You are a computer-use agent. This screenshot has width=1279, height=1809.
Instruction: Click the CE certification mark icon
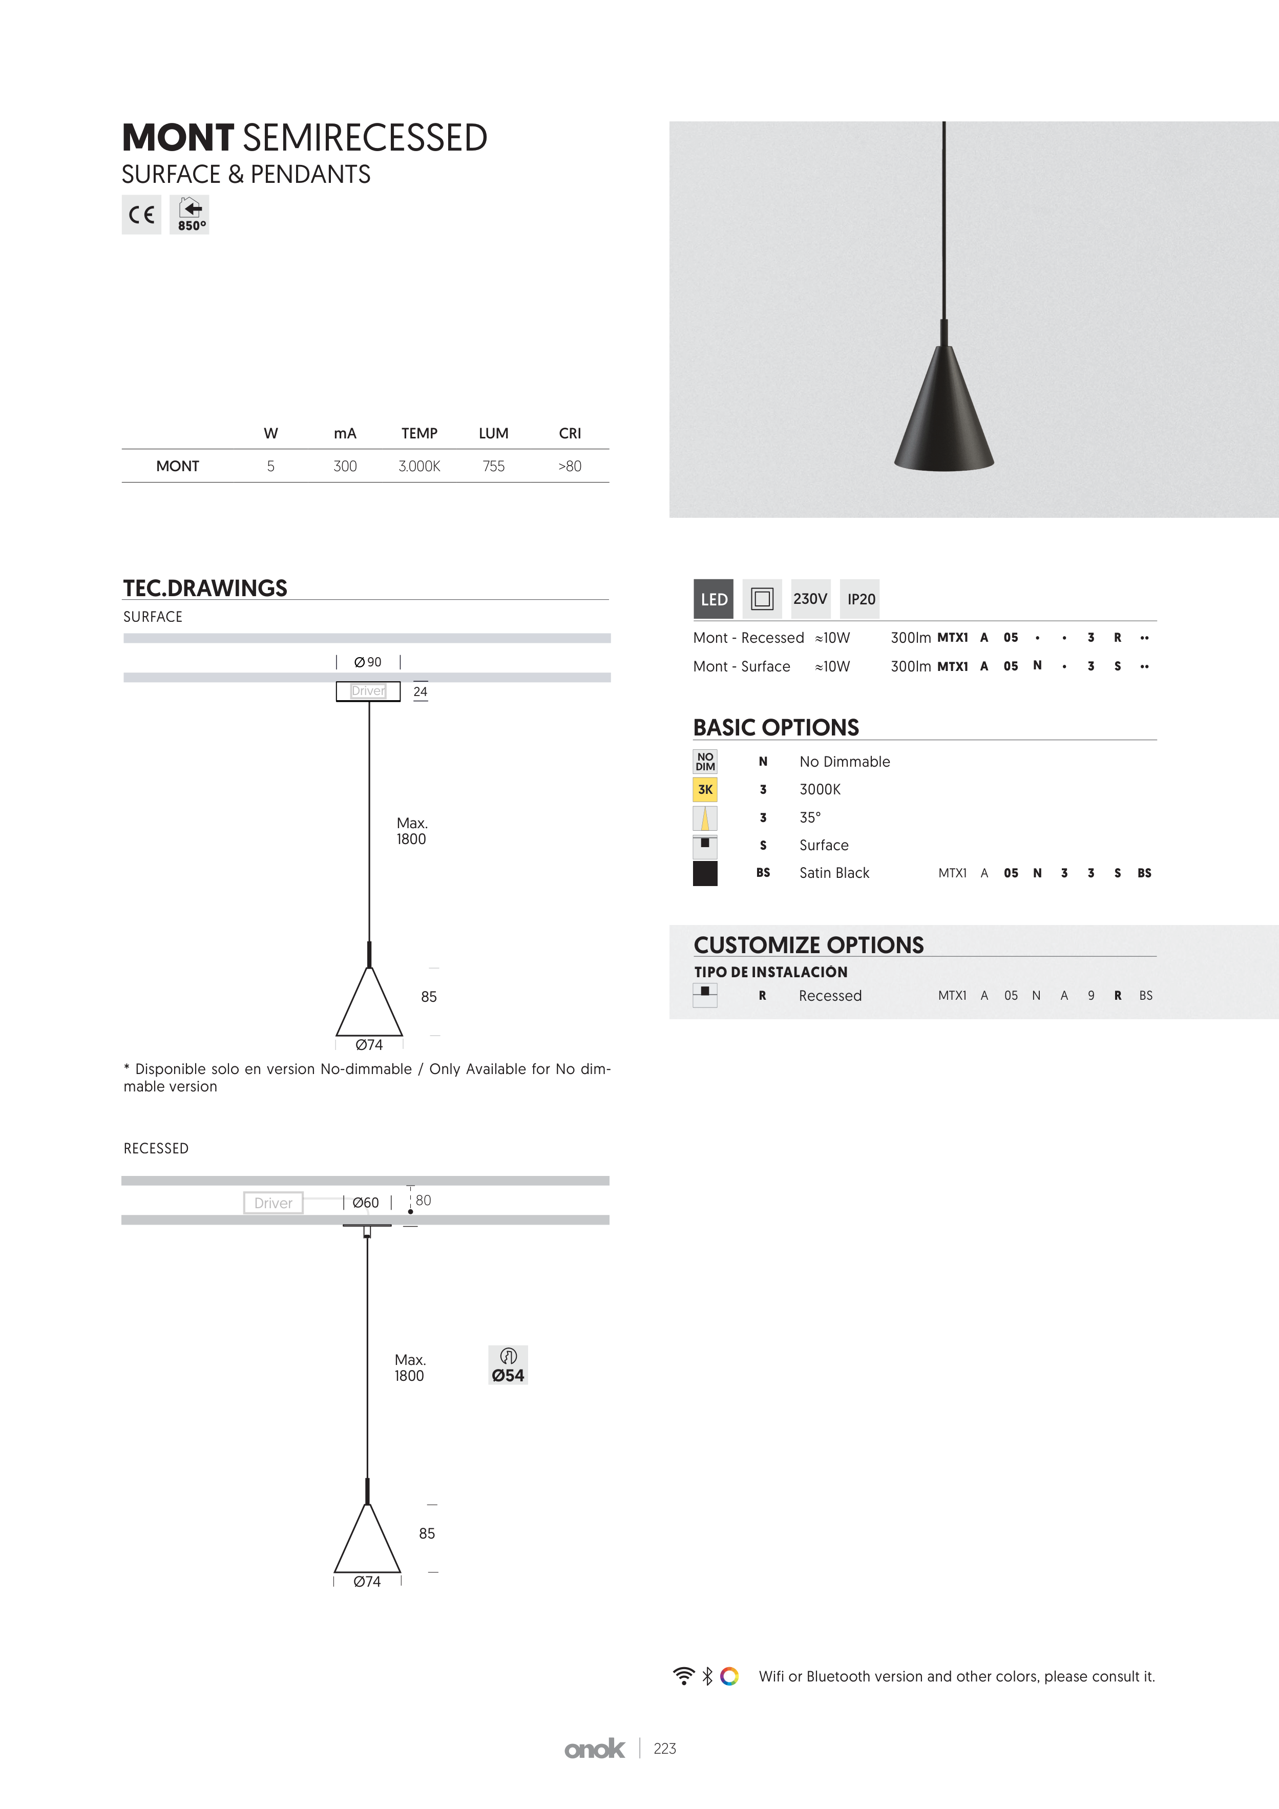(x=141, y=214)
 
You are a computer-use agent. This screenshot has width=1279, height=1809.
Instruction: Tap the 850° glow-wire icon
(x=189, y=214)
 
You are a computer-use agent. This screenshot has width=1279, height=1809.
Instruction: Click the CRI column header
(x=570, y=433)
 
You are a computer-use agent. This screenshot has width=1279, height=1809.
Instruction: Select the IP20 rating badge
(x=861, y=599)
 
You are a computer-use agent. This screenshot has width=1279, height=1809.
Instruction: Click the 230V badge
(x=811, y=599)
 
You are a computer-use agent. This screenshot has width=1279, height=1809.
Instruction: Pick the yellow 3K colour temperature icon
(x=705, y=789)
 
